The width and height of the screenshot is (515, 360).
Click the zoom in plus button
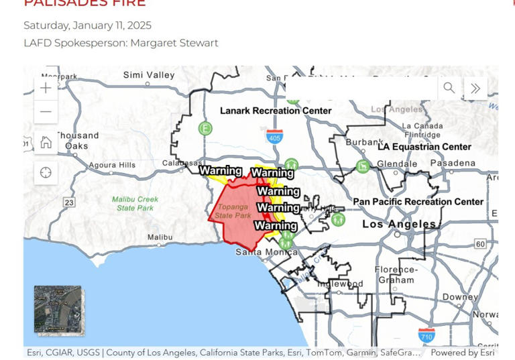coord(46,88)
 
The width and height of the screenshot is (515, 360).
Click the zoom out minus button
coord(46,111)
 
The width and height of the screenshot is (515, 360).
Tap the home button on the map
coord(46,142)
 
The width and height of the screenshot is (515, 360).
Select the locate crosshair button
coord(46,173)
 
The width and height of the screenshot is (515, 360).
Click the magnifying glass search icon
coord(449,88)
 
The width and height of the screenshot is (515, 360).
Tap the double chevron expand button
coord(475,88)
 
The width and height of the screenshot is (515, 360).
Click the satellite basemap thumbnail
coord(58,309)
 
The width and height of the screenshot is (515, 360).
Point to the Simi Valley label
coord(148,75)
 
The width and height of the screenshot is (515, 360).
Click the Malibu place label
coord(160,237)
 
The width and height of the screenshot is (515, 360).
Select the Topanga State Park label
coord(233,211)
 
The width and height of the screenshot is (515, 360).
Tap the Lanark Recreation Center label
coord(276,111)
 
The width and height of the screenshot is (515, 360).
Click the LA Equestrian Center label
coord(424,147)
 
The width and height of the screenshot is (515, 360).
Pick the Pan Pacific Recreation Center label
coord(418,202)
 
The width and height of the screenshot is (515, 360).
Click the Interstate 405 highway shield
coord(274,137)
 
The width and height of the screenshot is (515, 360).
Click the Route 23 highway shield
coord(68,202)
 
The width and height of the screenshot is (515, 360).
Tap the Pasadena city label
coord(453,163)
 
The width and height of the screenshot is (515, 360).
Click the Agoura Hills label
coord(113,165)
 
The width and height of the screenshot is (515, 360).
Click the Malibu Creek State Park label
coord(135,203)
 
